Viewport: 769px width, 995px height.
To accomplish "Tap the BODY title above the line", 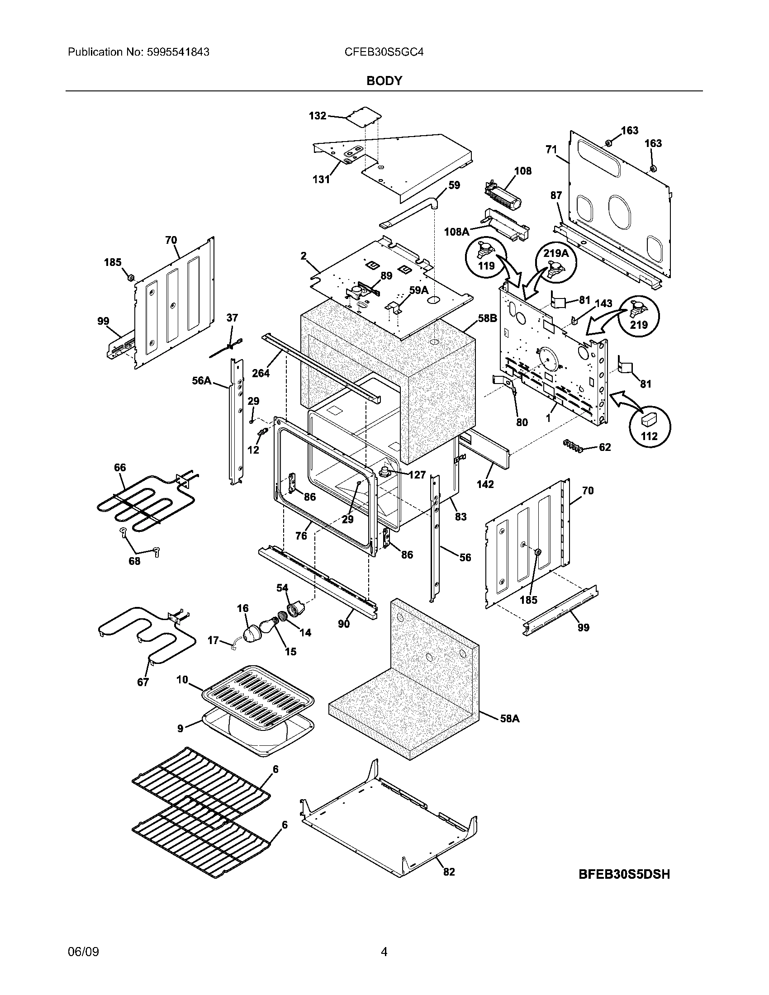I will (x=384, y=81).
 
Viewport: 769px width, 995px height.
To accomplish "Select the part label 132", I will (x=318, y=116).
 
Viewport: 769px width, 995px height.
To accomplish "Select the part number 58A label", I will (x=510, y=719).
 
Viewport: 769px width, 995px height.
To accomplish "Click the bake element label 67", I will (x=143, y=682).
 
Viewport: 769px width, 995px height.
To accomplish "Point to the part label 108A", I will (x=456, y=232).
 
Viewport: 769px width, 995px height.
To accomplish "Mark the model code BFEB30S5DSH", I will (x=624, y=874).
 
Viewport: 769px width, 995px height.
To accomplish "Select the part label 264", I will (x=261, y=373).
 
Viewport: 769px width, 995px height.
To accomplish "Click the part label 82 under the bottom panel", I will (x=449, y=872).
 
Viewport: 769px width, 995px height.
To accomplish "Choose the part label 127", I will (x=417, y=475).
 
